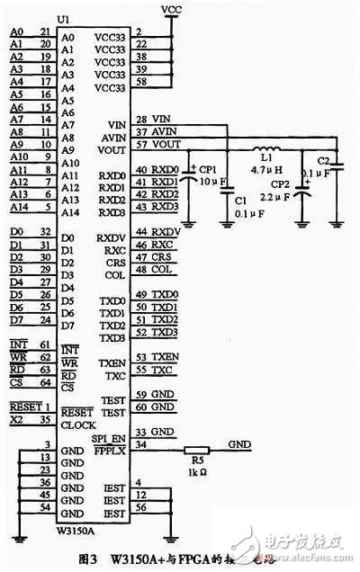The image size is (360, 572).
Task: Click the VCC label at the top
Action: (x=170, y=8)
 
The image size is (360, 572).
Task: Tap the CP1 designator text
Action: (x=208, y=168)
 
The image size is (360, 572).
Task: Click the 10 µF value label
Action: (x=208, y=182)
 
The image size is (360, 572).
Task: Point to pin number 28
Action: (x=141, y=119)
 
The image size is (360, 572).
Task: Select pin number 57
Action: (x=141, y=144)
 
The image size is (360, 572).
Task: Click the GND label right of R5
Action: (x=240, y=444)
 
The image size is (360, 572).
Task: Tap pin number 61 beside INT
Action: (x=45, y=344)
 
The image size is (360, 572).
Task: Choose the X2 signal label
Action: (x=15, y=419)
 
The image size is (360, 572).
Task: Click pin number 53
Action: (x=141, y=357)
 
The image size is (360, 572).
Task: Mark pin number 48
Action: (x=141, y=269)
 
